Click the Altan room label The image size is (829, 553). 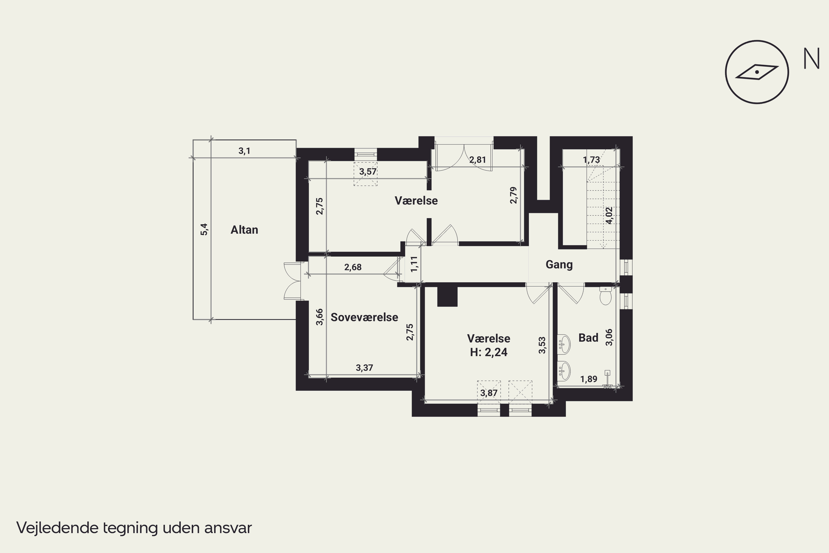pos(244,230)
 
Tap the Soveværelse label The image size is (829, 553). pos(364,317)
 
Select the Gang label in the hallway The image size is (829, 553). pos(559,265)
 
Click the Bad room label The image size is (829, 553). pos(588,338)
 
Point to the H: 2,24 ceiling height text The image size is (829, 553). pos(489,352)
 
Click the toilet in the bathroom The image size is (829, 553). pos(605,296)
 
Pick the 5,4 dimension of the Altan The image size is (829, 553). pos(204,229)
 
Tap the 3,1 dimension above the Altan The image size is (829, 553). pos(244,151)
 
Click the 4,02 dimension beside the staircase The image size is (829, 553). pos(609,215)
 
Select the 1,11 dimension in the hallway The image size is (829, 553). pos(414,264)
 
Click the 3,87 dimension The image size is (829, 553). pos(489,393)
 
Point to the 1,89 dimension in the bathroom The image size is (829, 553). pos(589,379)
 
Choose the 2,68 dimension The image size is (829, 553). pos(353,267)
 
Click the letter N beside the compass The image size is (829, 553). pos(811,59)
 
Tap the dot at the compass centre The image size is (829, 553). pos(757,72)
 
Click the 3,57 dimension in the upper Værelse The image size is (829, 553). pos(368,172)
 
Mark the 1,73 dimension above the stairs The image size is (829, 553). pos(591,160)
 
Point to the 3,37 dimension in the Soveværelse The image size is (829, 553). pos(364,368)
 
